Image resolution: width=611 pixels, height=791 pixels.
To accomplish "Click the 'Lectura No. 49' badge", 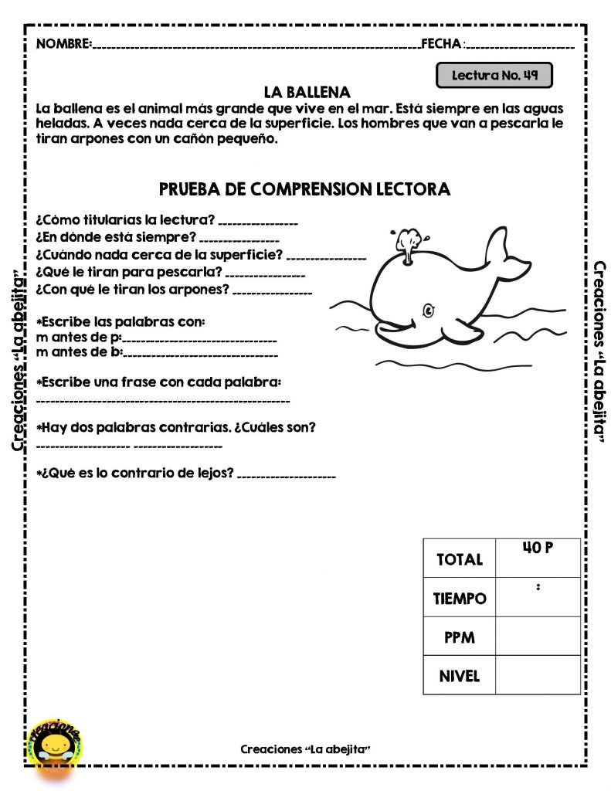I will coord(494,76).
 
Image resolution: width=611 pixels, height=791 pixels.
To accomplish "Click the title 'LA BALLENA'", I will coord(307,92).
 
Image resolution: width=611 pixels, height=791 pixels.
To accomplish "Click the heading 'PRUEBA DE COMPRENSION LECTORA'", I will coord(304,189).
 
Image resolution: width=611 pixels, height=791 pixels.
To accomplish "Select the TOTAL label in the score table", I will coord(459,559).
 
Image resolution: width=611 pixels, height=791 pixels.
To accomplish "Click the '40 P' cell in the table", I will coord(538,549).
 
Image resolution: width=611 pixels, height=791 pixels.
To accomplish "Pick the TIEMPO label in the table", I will coord(460,599).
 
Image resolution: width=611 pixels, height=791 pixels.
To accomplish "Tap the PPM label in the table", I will coord(459,638).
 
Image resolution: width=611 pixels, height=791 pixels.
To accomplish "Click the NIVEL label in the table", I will coord(459,677).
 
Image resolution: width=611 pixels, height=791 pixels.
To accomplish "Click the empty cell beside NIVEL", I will coord(538,675).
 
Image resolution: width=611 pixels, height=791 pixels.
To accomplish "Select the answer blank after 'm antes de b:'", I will coord(201,355).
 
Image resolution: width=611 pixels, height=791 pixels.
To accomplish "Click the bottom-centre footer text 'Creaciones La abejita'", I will coord(306,749).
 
